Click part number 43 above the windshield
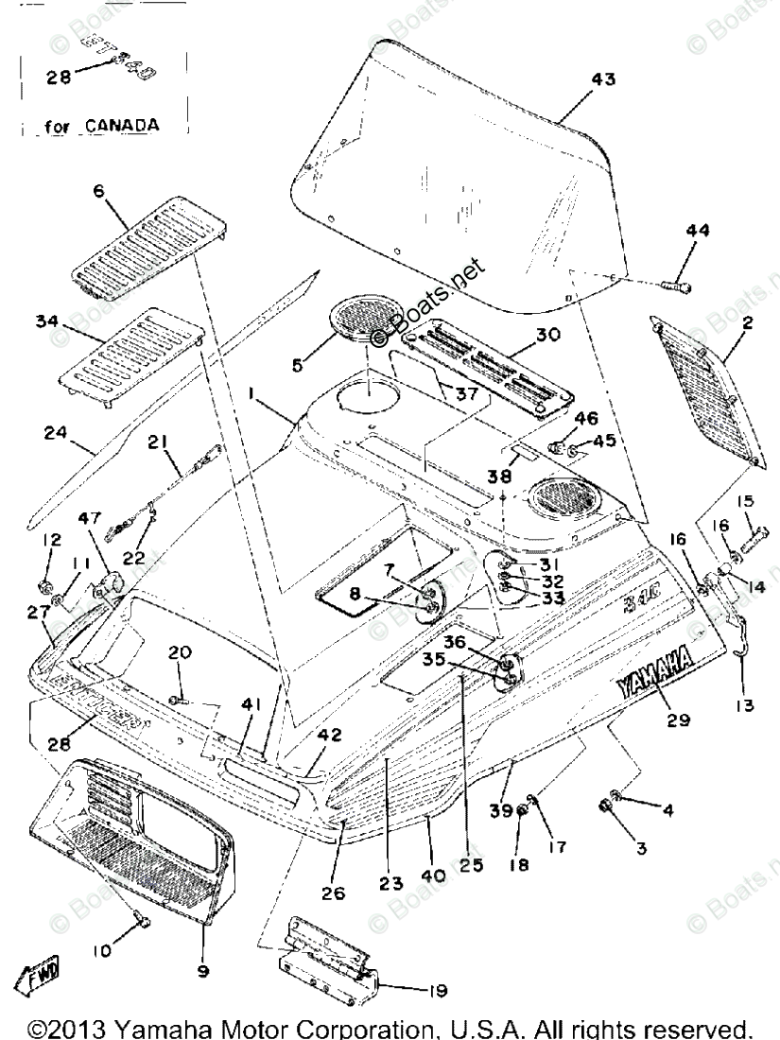602,80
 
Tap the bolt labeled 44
676,281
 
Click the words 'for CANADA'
103,124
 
